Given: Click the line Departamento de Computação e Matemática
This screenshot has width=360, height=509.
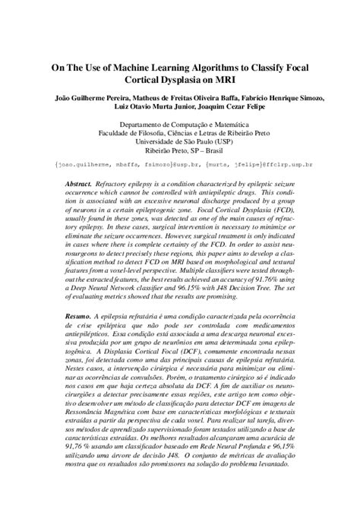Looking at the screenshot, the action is pyautogui.click(x=179, y=124).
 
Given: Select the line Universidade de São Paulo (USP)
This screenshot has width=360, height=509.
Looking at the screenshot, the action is pyautogui.click(x=179, y=141).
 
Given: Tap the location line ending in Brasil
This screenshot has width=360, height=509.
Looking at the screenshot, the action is pyautogui.click(x=179, y=150).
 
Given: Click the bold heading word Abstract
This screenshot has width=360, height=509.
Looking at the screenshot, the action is pyautogui.click(x=79, y=185).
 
